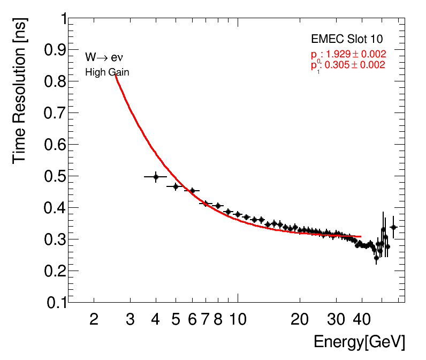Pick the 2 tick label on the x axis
[94, 319]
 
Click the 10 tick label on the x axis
[238, 319]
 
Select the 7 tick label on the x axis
[206, 319]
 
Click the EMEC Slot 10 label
[347, 40]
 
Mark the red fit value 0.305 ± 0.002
[352, 65]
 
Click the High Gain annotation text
[107, 72]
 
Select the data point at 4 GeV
[156, 177]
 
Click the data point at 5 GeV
[176, 186]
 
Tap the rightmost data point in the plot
[393, 227]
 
